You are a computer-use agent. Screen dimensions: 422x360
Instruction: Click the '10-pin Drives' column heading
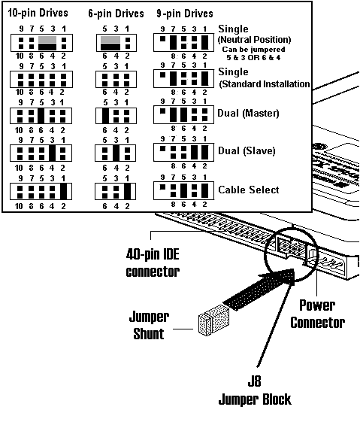(x=37, y=14)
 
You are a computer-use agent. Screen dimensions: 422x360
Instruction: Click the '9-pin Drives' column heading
(x=183, y=14)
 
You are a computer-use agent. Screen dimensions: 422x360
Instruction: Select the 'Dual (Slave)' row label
(x=247, y=150)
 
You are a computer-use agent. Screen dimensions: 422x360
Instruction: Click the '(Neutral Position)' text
(x=253, y=39)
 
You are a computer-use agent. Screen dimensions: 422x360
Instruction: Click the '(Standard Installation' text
(x=263, y=84)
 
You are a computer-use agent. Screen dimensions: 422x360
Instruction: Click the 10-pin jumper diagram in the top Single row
(x=38, y=41)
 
